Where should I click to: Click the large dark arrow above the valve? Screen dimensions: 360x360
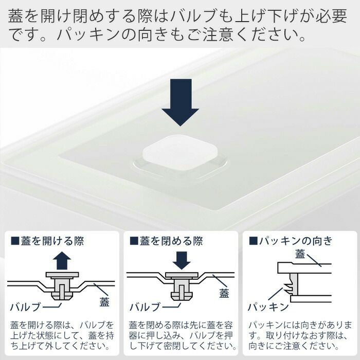(180, 102)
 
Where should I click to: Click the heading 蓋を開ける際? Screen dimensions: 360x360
(52, 241)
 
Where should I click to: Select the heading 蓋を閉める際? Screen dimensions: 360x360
(171, 241)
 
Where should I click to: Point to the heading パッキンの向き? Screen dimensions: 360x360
(296, 241)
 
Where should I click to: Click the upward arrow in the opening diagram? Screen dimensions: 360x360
(62, 260)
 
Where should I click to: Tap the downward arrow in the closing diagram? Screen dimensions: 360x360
(182, 260)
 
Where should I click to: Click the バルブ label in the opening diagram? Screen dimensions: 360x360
(25, 307)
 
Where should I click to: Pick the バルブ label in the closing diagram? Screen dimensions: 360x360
(145, 307)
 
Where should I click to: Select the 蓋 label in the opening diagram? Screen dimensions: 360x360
(104, 302)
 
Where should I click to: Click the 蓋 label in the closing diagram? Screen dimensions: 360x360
(224, 293)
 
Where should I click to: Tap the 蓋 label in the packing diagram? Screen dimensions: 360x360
(300, 254)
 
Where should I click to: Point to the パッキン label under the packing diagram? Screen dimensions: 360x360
(268, 307)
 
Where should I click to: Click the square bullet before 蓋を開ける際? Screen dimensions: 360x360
(15, 241)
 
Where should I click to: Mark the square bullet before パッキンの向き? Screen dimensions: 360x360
(253, 241)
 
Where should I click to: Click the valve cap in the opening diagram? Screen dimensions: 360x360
(62, 275)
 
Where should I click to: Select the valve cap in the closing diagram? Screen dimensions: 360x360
(182, 275)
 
